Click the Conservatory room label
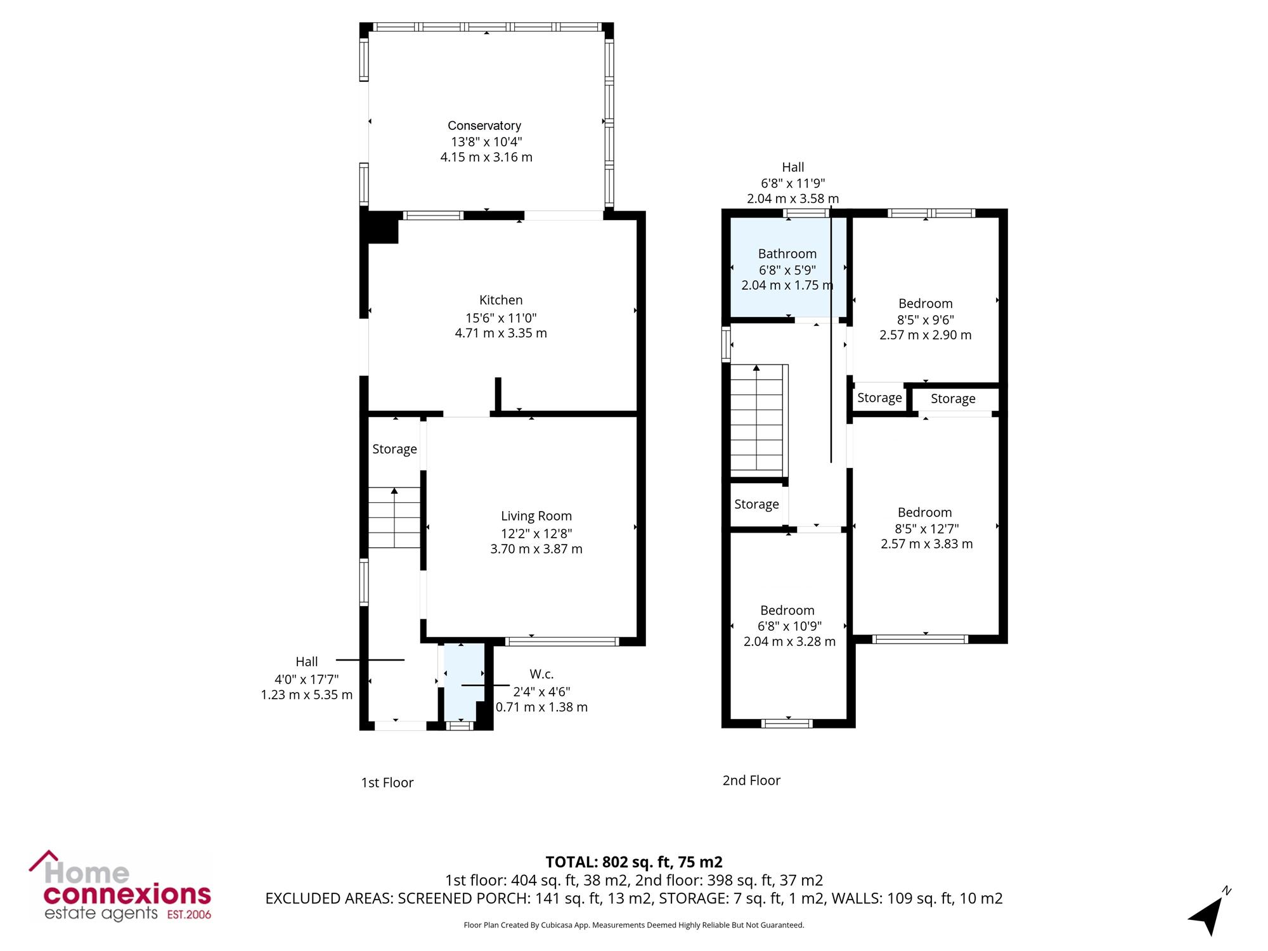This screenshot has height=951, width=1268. [x=484, y=126]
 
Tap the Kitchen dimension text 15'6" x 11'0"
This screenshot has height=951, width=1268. [x=501, y=318]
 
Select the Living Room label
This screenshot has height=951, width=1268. [x=536, y=516]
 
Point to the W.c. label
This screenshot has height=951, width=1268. [x=541, y=674]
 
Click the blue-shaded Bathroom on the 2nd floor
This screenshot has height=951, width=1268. [x=788, y=267]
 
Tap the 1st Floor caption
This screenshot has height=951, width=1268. [x=387, y=782]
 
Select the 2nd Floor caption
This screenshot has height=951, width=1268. [x=751, y=780]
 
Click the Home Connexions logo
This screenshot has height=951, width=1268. [x=120, y=886]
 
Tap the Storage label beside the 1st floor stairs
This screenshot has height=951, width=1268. [x=394, y=449]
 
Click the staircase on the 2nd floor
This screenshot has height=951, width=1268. [x=759, y=420]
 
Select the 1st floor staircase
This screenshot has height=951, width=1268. [x=394, y=517]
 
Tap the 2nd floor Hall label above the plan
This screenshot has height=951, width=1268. [x=793, y=167]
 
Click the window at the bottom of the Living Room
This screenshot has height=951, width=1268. [x=562, y=642]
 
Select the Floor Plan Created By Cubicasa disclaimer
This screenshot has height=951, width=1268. [x=634, y=925]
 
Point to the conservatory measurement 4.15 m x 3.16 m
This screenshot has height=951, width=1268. [x=486, y=157]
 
